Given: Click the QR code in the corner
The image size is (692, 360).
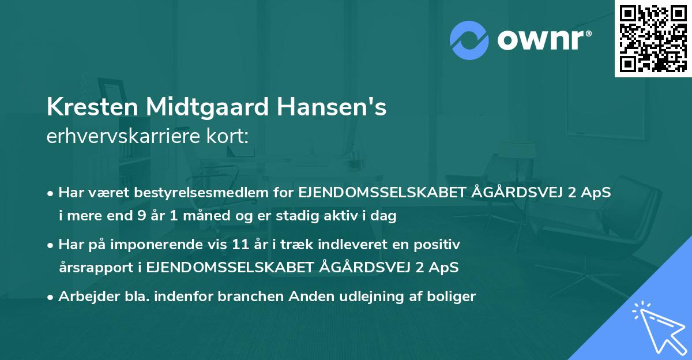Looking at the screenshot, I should [x=653, y=38].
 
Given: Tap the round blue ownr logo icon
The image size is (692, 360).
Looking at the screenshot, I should [x=469, y=40].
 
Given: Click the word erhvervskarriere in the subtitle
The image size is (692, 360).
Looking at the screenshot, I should [x=122, y=136].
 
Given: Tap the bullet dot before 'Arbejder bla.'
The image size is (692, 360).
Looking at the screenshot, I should [x=51, y=297].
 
